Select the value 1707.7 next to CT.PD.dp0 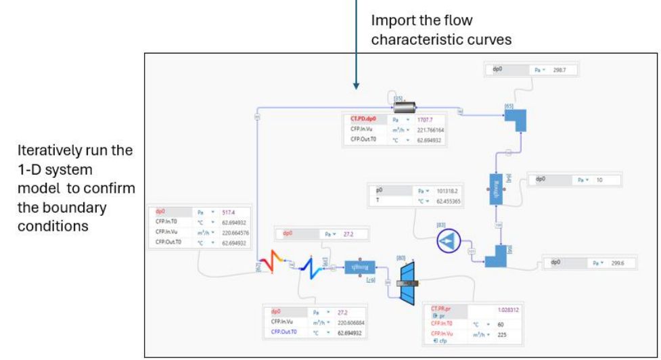pyautogui.click(x=419, y=120)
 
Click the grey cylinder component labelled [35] pyautogui.click(x=405, y=108)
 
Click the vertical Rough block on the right pyautogui.click(x=499, y=188)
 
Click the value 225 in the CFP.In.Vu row pyautogui.click(x=501, y=334)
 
